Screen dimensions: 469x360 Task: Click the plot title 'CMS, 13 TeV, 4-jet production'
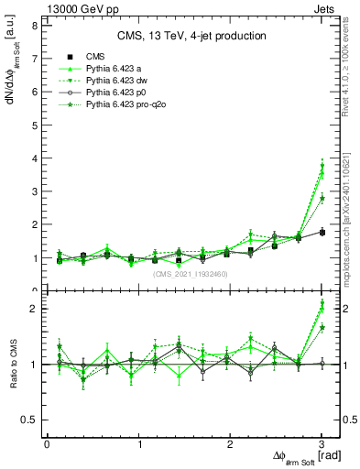pos(191,37)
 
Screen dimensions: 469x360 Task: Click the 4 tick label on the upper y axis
pos(34,158)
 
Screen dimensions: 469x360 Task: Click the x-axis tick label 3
pos(322,444)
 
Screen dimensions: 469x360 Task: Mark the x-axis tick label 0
pos(47,444)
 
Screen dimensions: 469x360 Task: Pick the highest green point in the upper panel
pos(322,168)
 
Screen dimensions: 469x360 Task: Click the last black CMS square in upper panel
pos(322,232)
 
